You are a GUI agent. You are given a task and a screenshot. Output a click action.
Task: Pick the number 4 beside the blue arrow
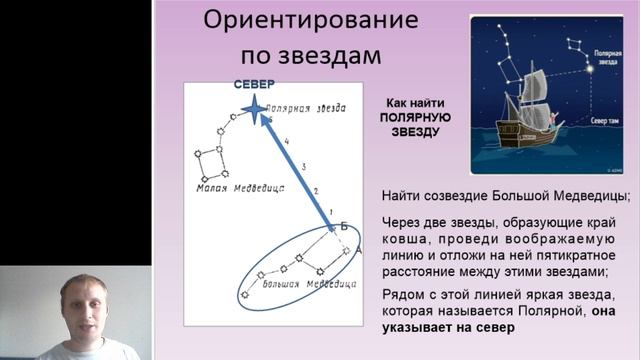coord(287,142)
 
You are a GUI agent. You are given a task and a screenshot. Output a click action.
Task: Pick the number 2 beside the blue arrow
coord(315,190)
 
